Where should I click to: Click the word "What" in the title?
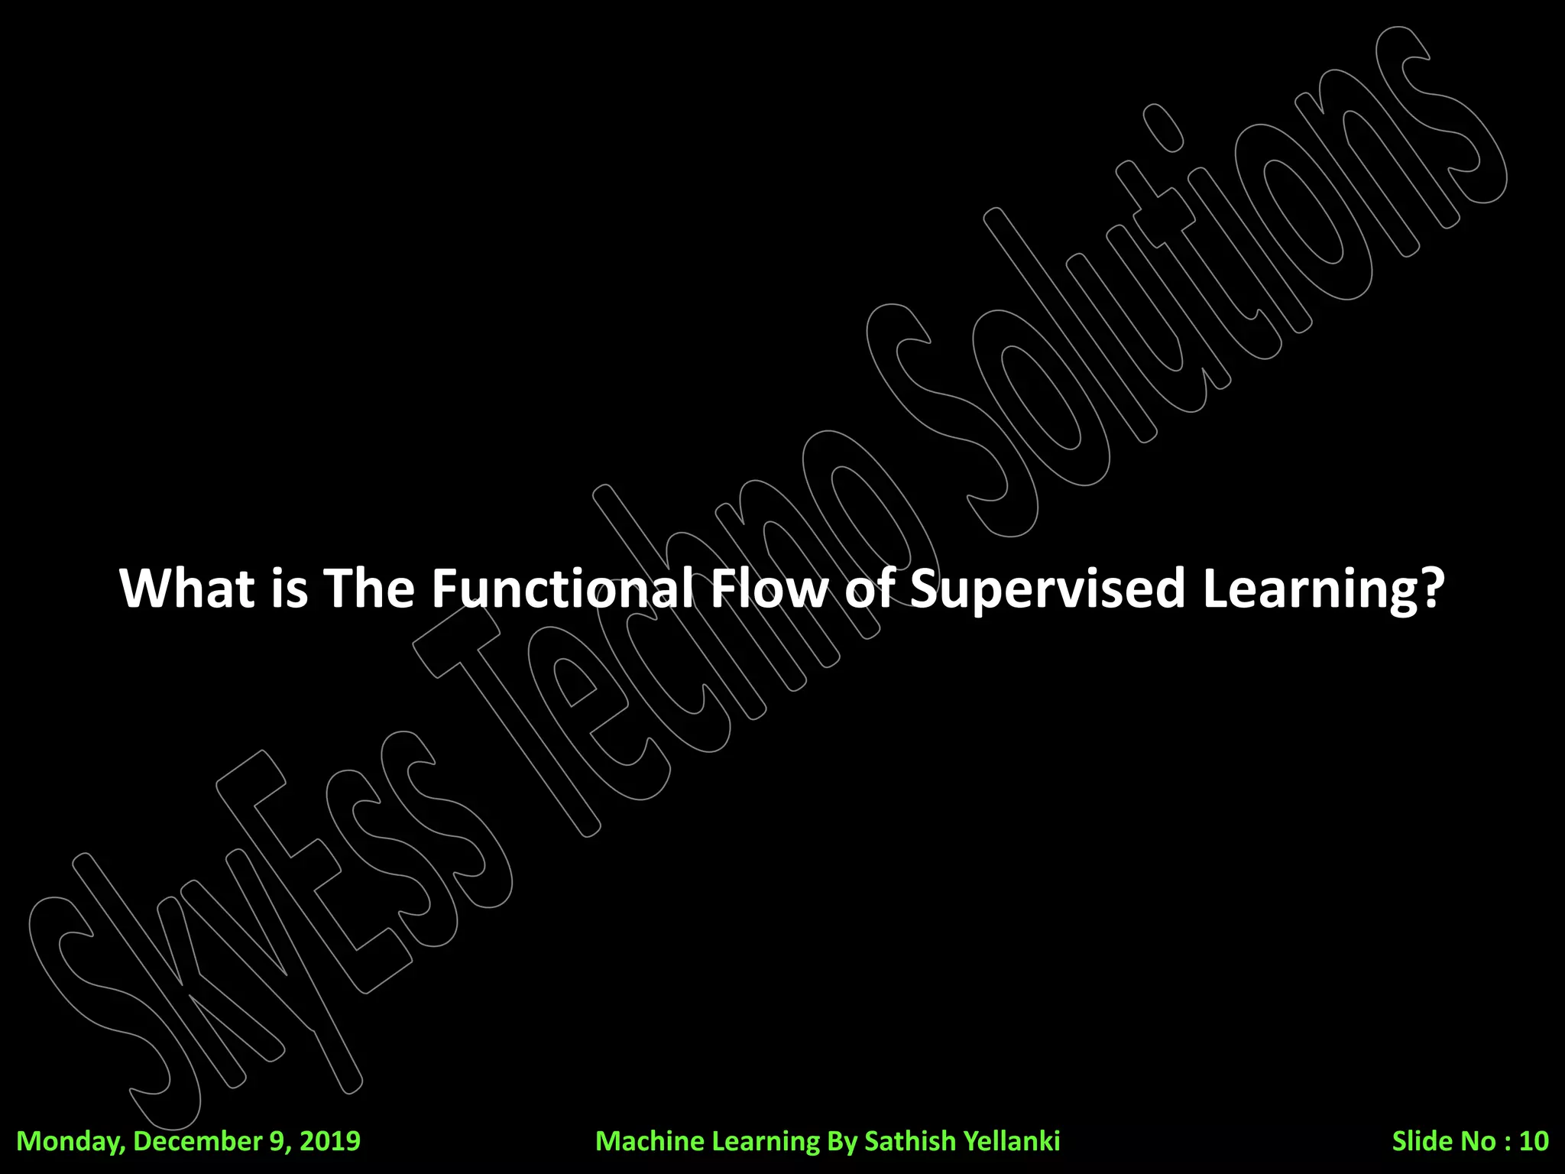(x=187, y=588)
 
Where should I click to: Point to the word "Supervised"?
(x=1048, y=589)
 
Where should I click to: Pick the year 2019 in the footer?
(x=329, y=1140)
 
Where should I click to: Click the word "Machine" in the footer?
(x=650, y=1140)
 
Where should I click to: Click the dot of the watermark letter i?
(x=1163, y=128)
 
